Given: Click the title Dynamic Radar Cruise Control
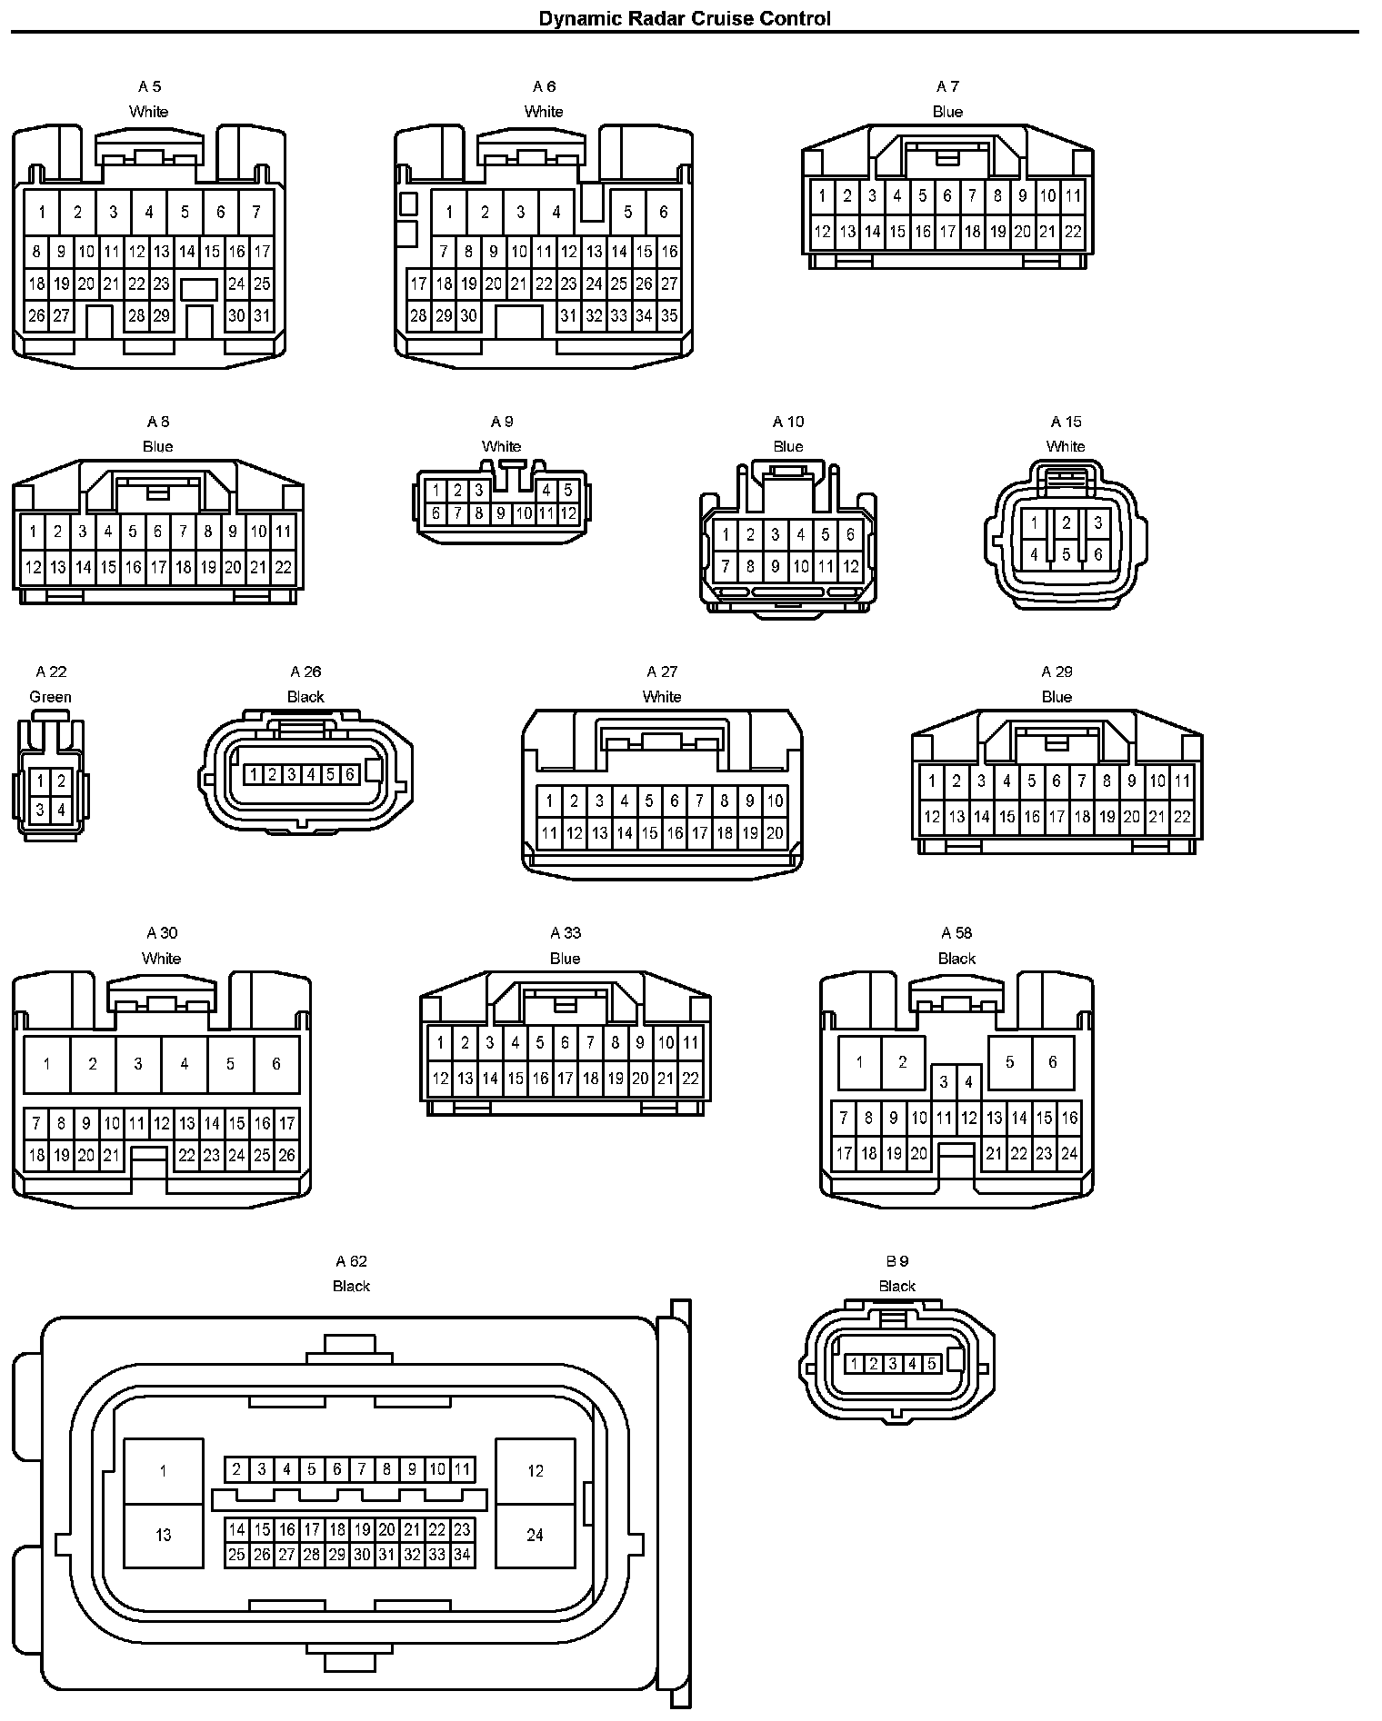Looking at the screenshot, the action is [684, 18].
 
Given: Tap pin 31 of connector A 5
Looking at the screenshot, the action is [262, 316].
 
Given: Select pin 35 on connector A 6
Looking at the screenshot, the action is [669, 316].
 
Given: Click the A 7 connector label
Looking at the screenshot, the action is [947, 86].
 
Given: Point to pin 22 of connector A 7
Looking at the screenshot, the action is [1073, 232].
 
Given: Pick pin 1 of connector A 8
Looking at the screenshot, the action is [33, 532].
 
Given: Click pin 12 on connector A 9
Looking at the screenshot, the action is [568, 513].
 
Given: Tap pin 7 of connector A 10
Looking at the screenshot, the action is [726, 567].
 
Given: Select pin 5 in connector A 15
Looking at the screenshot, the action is [1067, 553].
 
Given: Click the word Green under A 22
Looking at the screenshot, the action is [50, 697].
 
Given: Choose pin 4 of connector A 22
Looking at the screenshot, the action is [61, 810].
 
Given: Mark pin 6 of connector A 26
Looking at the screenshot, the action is [349, 774].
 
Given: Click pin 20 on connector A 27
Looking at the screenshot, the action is [775, 831].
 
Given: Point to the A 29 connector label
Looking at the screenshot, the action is [1057, 671].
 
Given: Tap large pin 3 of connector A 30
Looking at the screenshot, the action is [138, 1063].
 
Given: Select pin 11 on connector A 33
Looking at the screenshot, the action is [690, 1042].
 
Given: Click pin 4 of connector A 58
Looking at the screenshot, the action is [969, 1081].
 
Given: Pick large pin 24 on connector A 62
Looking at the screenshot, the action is [535, 1535].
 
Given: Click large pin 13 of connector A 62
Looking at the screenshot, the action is [163, 1535].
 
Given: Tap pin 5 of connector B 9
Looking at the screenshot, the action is [932, 1364].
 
